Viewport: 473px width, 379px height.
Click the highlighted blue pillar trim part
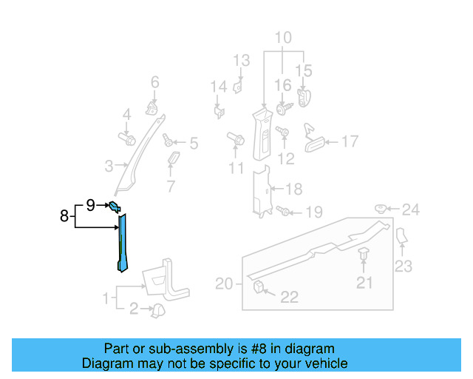coord(121,241)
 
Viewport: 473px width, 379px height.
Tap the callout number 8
coord(64,217)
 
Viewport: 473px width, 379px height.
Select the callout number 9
coord(90,205)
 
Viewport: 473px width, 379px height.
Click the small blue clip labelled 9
coord(115,207)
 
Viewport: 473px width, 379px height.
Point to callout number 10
coord(284,38)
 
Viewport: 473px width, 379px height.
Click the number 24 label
coord(410,210)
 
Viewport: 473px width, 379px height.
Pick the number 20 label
coord(224,284)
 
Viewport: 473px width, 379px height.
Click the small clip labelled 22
coord(259,286)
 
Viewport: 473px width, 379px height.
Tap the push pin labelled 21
coord(364,256)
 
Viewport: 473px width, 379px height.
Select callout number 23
coord(403,266)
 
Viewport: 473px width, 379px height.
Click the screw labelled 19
coord(285,212)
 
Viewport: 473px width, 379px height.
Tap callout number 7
coord(171,185)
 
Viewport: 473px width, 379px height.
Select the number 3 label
coord(108,166)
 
